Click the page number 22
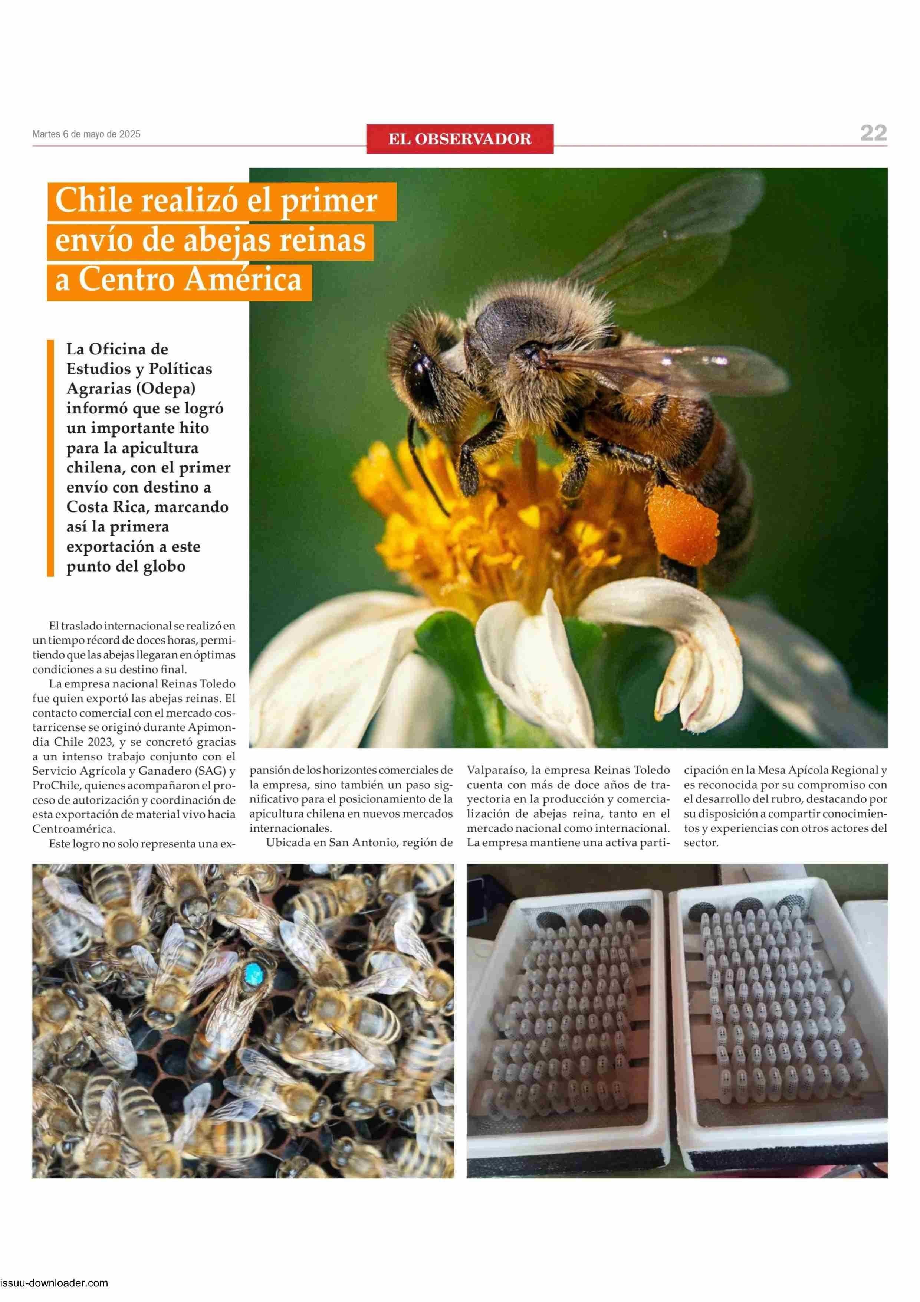(x=873, y=133)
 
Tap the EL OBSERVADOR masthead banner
(x=459, y=139)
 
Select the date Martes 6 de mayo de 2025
(x=86, y=134)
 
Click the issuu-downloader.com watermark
(x=55, y=1294)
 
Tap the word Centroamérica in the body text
(x=73, y=829)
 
